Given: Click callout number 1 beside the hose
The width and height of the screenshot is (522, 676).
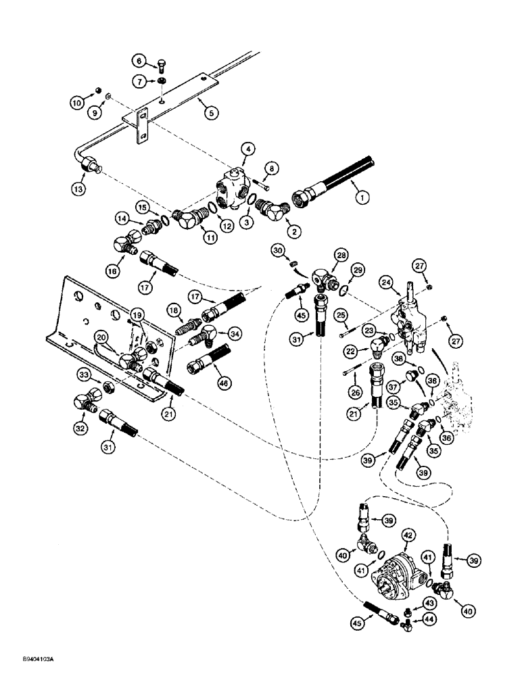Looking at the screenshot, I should pyautogui.click(x=364, y=198).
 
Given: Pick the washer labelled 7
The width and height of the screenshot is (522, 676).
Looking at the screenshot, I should pyautogui.click(x=163, y=82).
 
